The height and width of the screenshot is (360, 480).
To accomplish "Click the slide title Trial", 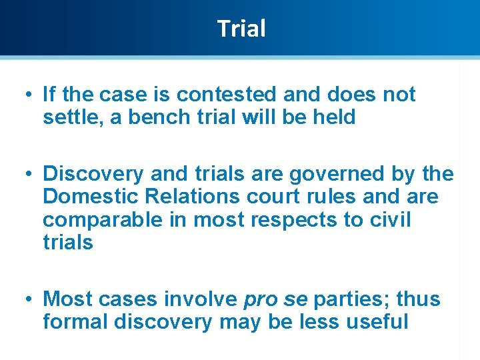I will (241, 29).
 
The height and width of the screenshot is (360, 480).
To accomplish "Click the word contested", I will (213, 95).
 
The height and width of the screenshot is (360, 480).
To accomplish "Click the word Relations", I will (190, 197).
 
